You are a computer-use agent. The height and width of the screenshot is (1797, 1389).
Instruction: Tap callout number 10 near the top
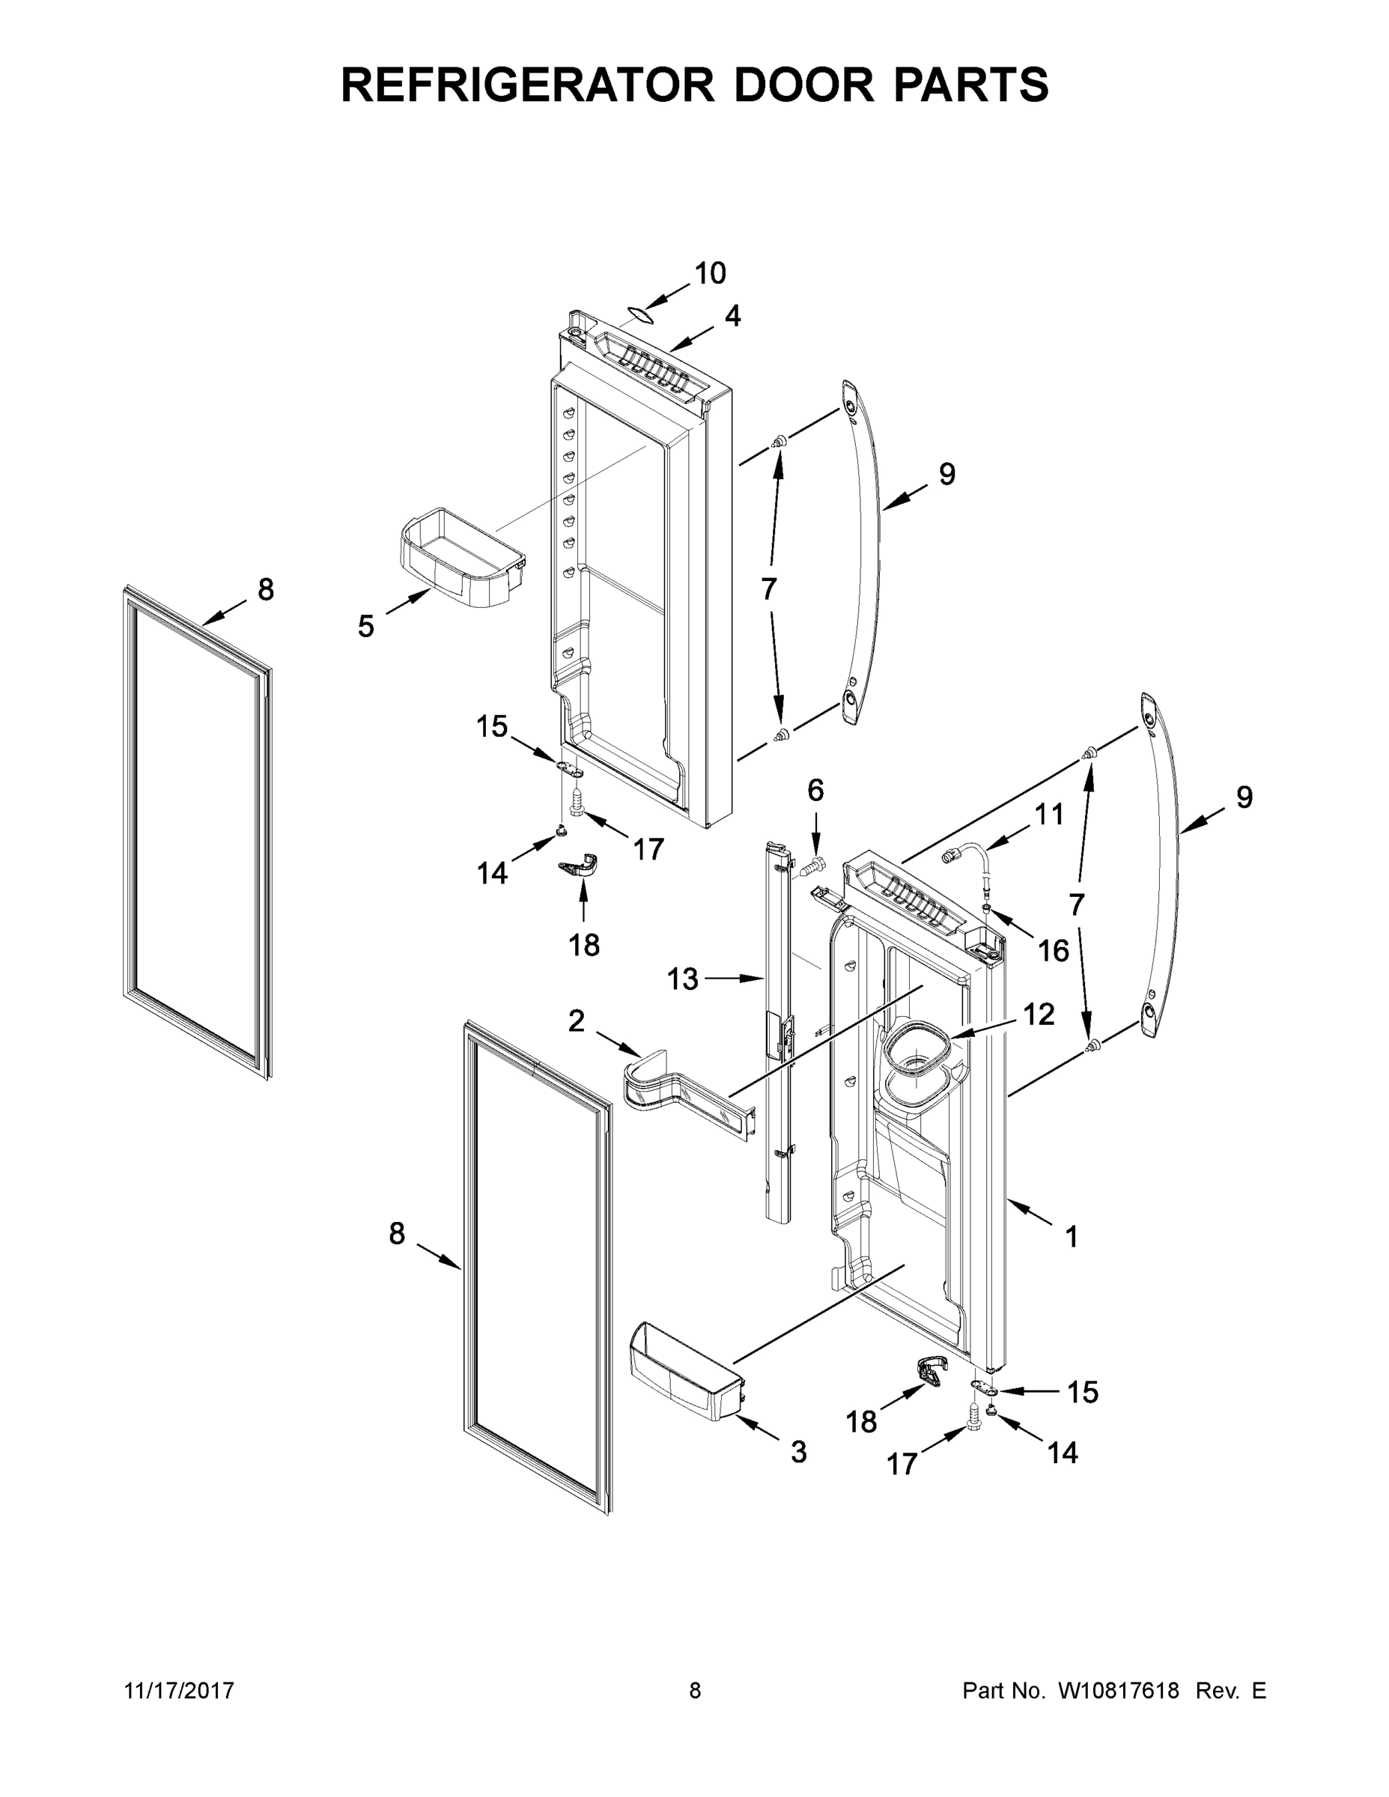(x=710, y=273)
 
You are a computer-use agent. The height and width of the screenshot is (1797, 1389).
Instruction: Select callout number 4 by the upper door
(x=732, y=315)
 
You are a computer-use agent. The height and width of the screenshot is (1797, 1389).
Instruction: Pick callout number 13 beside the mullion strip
(x=682, y=979)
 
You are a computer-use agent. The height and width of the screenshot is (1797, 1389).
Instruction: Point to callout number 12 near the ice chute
(x=1039, y=1015)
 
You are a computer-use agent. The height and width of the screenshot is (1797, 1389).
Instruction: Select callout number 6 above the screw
(x=815, y=790)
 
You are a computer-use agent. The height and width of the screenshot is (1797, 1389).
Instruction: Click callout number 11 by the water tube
(x=1048, y=815)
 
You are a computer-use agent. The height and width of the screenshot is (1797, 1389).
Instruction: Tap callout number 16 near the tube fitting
(x=1053, y=950)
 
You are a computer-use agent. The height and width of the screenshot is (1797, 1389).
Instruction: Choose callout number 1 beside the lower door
(x=1072, y=1259)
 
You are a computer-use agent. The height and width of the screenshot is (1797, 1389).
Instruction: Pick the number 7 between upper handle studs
(x=768, y=589)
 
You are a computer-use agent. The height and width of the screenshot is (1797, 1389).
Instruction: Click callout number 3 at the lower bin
(x=798, y=1453)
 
